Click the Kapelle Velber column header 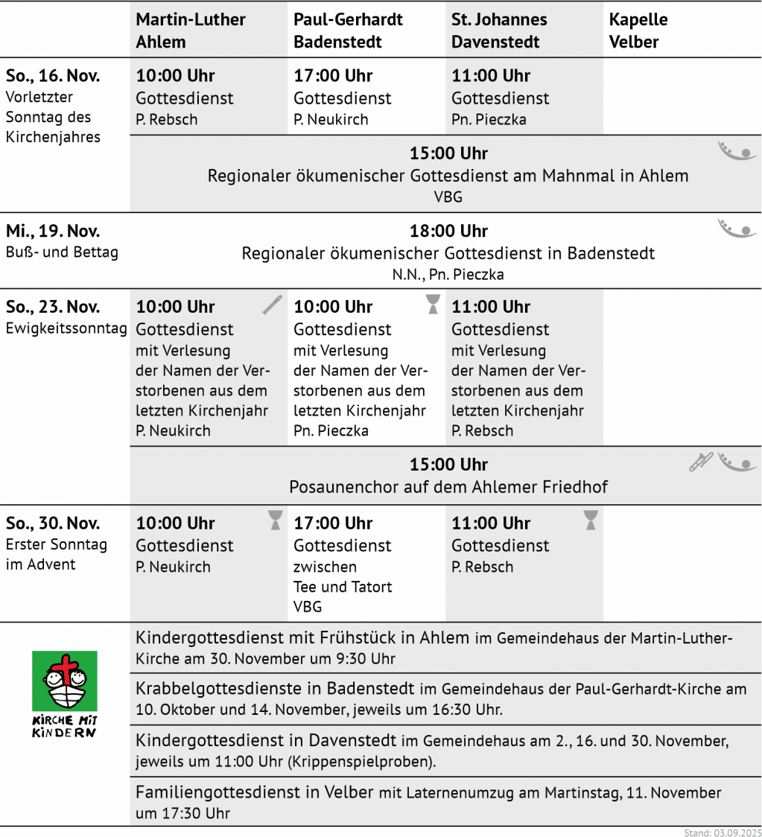click(x=638, y=31)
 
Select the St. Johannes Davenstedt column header click(x=499, y=31)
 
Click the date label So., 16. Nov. click(x=53, y=76)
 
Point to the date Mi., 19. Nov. click(x=53, y=231)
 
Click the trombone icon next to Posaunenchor click(x=700, y=462)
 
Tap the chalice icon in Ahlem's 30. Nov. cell click(x=276, y=520)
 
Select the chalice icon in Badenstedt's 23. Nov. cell click(x=433, y=304)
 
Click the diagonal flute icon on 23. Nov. click(x=273, y=305)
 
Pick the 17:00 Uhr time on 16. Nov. click(x=333, y=76)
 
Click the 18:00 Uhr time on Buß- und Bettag click(x=448, y=231)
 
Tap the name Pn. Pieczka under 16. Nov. click(x=489, y=119)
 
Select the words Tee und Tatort click(x=343, y=587)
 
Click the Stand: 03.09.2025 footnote click(x=723, y=832)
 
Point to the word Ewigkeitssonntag click(x=66, y=328)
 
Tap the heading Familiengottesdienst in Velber click(x=254, y=792)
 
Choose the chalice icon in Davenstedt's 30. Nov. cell click(x=591, y=520)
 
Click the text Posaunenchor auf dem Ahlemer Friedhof click(x=448, y=487)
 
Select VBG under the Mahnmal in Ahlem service click(x=448, y=197)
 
